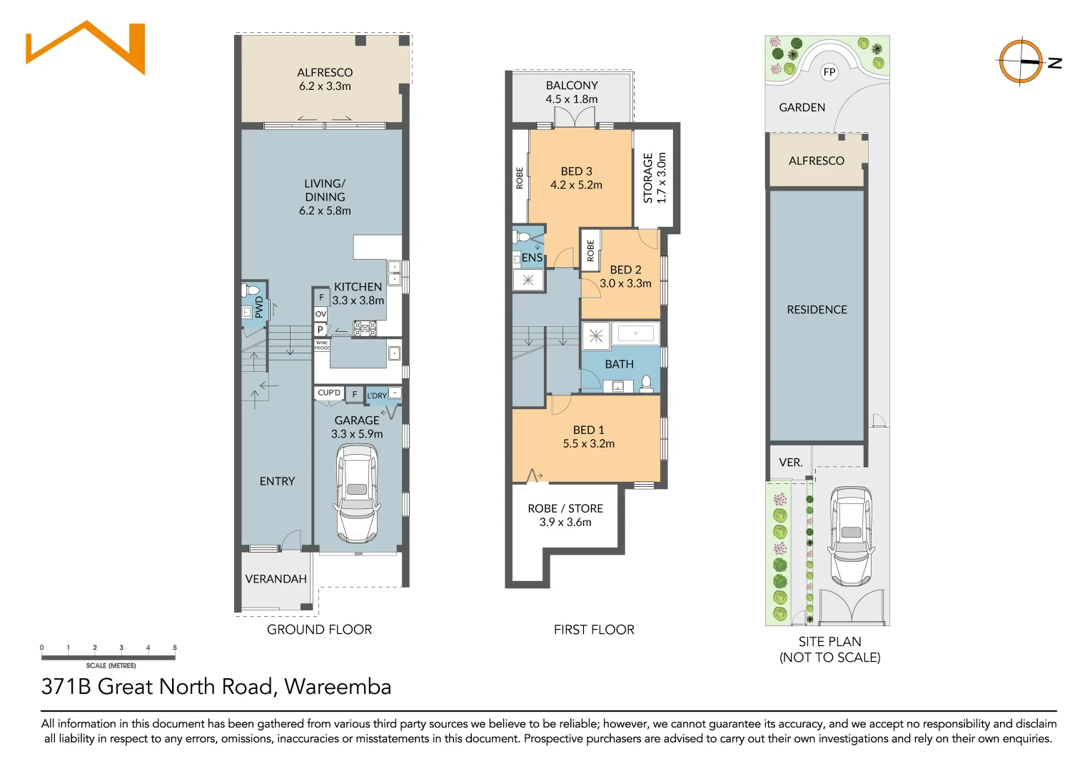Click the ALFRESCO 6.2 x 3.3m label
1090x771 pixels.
325,79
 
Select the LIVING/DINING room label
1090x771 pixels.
325,196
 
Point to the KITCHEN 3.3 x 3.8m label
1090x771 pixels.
358,293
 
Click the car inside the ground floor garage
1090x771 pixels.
356,493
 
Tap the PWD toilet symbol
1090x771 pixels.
251,291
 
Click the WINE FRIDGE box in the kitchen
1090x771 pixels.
322,346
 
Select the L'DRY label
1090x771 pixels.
377,395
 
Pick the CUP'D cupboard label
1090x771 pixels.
329,393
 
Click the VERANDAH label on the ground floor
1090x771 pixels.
276,579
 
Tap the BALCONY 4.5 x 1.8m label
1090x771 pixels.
572,92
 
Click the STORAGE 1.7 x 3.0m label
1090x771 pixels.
655,178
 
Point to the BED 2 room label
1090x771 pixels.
625,276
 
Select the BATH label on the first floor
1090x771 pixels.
619,364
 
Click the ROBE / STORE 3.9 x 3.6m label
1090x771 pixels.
565,515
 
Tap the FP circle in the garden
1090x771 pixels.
829,72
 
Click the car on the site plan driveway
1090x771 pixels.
851,535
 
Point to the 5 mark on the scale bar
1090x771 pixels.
175,648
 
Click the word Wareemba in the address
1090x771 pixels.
338,687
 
